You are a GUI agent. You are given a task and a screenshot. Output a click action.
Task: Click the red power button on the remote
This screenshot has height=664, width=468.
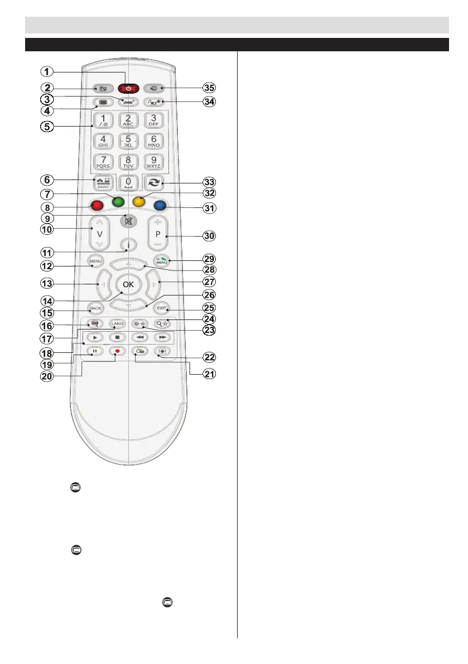click(x=129, y=88)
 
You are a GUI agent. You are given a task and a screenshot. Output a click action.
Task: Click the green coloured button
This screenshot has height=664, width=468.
click(x=118, y=201)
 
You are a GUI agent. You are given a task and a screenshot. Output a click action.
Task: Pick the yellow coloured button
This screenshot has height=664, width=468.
click(x=139, y=201)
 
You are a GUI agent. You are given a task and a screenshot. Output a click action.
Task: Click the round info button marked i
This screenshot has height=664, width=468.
click(x=129, y=244)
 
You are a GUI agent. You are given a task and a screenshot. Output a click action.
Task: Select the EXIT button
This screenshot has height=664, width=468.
click(x=162, y=308)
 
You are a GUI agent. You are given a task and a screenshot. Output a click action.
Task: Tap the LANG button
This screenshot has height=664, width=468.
click(x=117, y=323)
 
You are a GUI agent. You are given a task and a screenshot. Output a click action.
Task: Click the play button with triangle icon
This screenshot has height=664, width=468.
click(x=96, y=337)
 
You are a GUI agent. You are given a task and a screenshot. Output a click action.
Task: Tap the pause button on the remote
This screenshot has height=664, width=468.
click(x=96, y=352)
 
